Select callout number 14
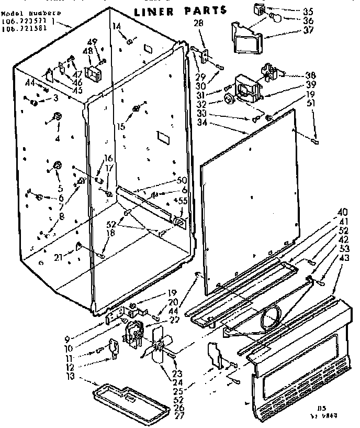click(x=116, y=26)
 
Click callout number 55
click(x=183, y=201)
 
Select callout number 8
click(x=62, y=214)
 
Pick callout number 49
click(x=93, y=42)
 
